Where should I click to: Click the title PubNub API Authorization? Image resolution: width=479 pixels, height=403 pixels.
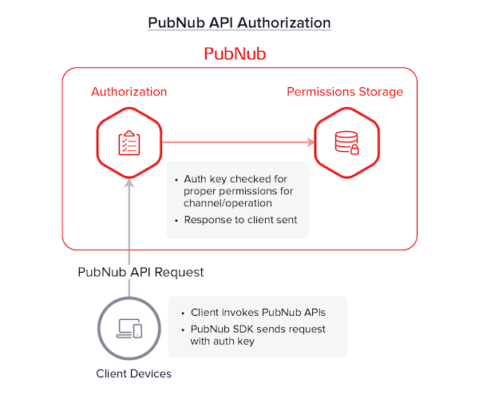[239, 22]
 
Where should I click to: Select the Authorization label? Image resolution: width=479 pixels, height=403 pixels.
[129, 92]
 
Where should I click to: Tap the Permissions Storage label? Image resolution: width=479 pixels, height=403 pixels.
[345, 92]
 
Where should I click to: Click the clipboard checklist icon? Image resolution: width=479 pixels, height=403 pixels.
[129, 144]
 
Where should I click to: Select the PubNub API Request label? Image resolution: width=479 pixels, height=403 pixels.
[141, 272]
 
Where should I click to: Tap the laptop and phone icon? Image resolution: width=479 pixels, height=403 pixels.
[129, 327]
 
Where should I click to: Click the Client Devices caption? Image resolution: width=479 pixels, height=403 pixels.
[133, 373]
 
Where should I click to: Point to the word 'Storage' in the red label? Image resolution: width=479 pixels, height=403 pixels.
[380, 92]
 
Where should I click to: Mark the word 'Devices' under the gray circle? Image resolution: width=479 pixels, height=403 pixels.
[151, 373]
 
